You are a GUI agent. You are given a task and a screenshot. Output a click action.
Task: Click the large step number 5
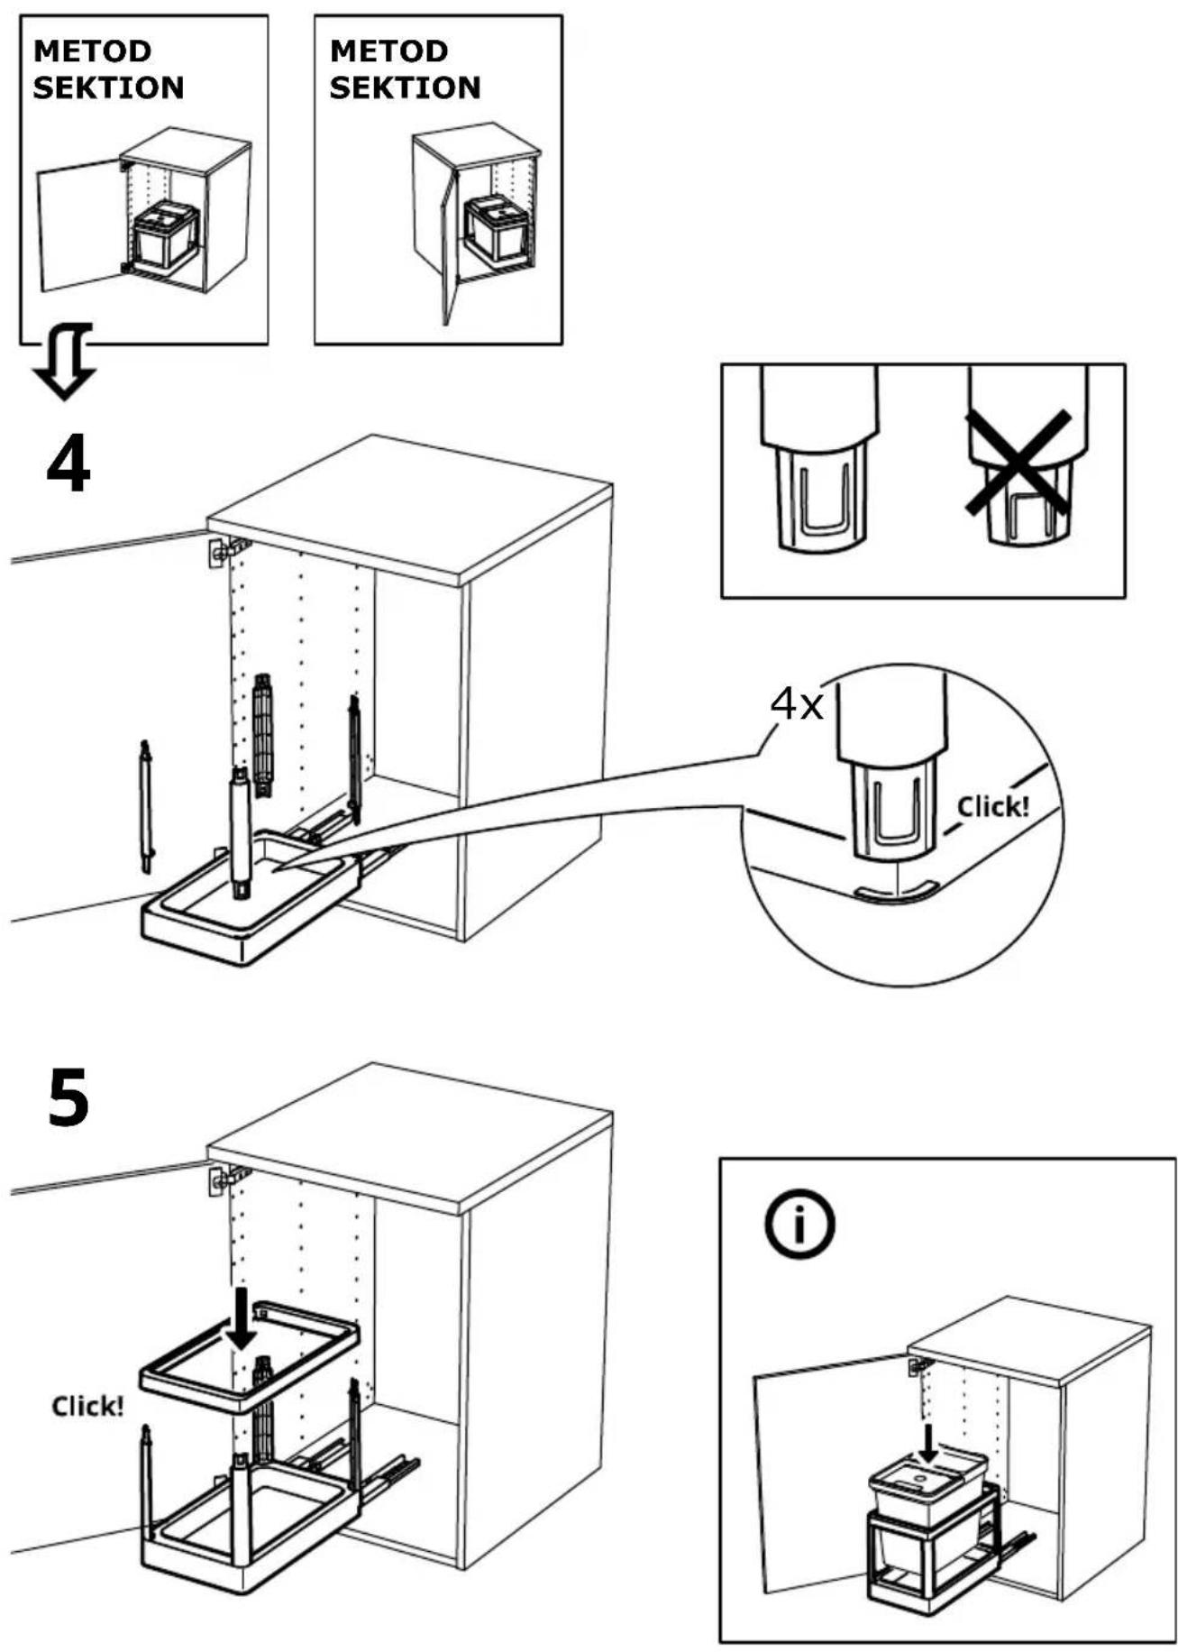click(68, 1097)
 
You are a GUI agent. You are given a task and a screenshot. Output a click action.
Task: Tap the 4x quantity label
click(797, 704)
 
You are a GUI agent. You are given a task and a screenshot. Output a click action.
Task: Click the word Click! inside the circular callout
click(992, 806)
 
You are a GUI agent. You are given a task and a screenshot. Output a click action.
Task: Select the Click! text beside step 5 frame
click(87, 1406)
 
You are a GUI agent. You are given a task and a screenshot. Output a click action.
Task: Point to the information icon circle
click(799, 1225)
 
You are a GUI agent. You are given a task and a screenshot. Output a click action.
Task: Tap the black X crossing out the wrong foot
click(1018, 463)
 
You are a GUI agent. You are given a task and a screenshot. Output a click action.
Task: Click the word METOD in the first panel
click(92, 51)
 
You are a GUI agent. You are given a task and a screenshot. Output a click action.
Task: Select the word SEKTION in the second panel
click(405, 87)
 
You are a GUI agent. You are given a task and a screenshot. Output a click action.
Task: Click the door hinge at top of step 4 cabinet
click(225, 551)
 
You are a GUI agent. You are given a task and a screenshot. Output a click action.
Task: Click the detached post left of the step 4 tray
click(146, 806)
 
